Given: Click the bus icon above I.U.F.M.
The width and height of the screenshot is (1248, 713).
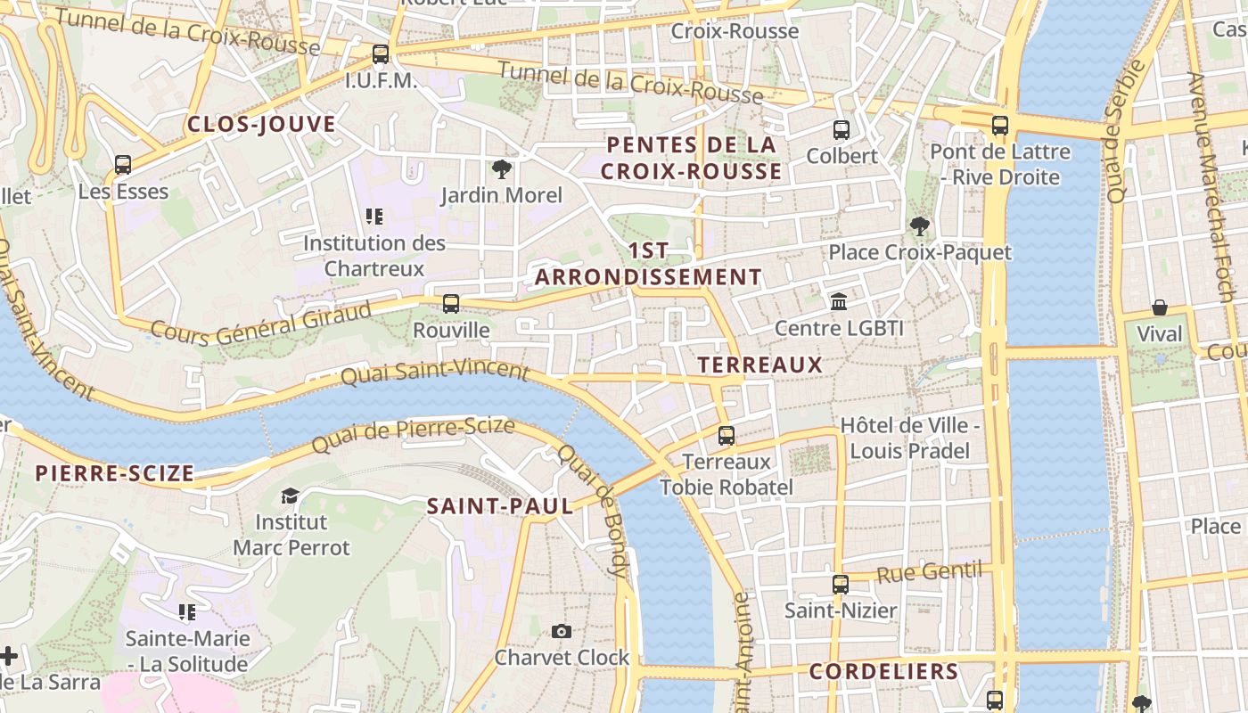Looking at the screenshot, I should (381, 54).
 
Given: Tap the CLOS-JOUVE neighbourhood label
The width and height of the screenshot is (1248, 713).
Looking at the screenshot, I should (261, 124).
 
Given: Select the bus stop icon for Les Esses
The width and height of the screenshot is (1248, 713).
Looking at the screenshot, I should (123, 165).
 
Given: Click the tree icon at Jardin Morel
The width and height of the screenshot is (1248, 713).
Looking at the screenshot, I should (502, 168).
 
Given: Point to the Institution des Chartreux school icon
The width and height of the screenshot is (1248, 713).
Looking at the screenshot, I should (374, 216).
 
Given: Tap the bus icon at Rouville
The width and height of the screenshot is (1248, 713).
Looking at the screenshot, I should (451, 303).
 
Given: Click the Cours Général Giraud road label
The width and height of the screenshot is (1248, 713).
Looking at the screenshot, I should (260, 324).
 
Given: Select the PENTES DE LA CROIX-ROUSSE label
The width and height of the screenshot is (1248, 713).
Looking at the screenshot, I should (691, 158).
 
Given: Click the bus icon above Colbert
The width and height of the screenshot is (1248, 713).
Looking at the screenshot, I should (842, 130).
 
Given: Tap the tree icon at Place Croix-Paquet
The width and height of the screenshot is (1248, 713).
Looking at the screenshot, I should (920, 226).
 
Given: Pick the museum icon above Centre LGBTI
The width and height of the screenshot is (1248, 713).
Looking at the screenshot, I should (839, 302).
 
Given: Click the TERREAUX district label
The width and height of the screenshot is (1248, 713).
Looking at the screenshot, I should (760, 365).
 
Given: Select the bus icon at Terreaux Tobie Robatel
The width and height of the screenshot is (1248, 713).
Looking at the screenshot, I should (727, 436).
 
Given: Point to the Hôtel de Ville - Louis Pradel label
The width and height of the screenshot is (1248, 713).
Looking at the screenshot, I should (909, 438).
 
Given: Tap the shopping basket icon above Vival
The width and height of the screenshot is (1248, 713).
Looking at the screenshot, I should (1160, 307).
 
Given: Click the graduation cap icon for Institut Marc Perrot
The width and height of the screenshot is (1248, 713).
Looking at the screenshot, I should (291, 496).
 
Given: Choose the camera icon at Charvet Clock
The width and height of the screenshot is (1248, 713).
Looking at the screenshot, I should (562, 632).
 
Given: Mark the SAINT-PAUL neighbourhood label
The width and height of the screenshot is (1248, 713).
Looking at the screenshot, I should (500, 506).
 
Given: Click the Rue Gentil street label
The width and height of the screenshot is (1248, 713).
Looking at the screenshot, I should (929, 572).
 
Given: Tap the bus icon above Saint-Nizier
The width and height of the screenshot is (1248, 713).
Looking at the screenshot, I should (841, 585).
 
